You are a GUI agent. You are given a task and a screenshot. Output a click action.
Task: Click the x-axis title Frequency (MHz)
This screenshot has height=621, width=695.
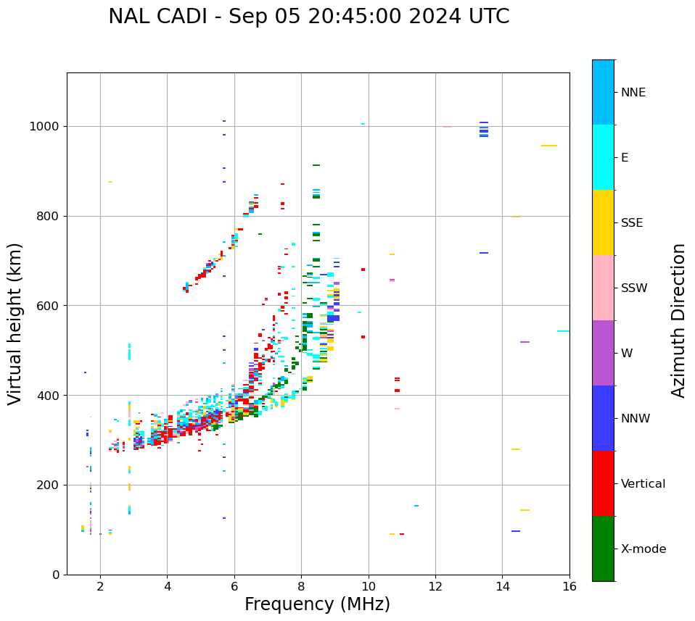(x=317, y=604)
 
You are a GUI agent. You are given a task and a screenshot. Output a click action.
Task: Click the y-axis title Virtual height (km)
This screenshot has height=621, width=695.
(x=15, y=324)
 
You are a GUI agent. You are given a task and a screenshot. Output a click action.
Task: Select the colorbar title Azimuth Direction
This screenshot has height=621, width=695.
(x=678, y=320)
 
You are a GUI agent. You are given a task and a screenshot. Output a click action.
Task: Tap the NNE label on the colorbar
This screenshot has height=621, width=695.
(x=633, y=93)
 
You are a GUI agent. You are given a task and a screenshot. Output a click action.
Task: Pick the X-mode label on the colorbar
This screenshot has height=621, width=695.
(x=643, y=549)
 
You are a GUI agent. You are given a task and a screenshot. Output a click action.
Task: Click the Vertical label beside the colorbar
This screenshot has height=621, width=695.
(x=643, y=484)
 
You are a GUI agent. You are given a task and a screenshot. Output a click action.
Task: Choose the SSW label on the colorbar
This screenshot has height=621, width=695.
(x=634, y=288)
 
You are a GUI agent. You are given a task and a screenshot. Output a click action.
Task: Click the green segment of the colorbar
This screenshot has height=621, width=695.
(x=603, y=549)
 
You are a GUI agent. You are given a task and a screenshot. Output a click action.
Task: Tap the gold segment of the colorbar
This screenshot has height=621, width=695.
(x=603, y=222)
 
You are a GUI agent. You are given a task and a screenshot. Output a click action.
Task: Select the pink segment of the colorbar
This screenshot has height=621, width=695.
(x=603, y=288)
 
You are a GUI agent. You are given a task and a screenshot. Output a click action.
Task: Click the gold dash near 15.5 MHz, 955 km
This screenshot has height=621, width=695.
(x=549, y=146)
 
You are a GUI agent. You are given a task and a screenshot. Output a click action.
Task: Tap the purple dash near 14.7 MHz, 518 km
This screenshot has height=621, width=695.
(x=525, y=342)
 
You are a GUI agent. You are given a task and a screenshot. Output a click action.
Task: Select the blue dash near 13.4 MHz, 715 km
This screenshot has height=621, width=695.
(x=484, y=253)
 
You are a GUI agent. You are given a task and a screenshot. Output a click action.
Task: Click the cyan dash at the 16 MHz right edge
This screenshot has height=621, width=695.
(x=564, y=331)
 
